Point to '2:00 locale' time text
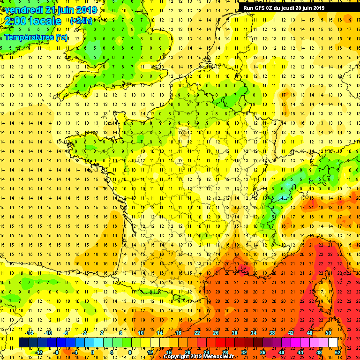coord(31,21)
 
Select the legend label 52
coord(338,352)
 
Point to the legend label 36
coord(263,352)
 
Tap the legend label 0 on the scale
coord(92,352)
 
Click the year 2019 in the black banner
coord(318,7)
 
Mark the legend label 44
coord(300,352)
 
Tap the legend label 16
coord(169,352)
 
